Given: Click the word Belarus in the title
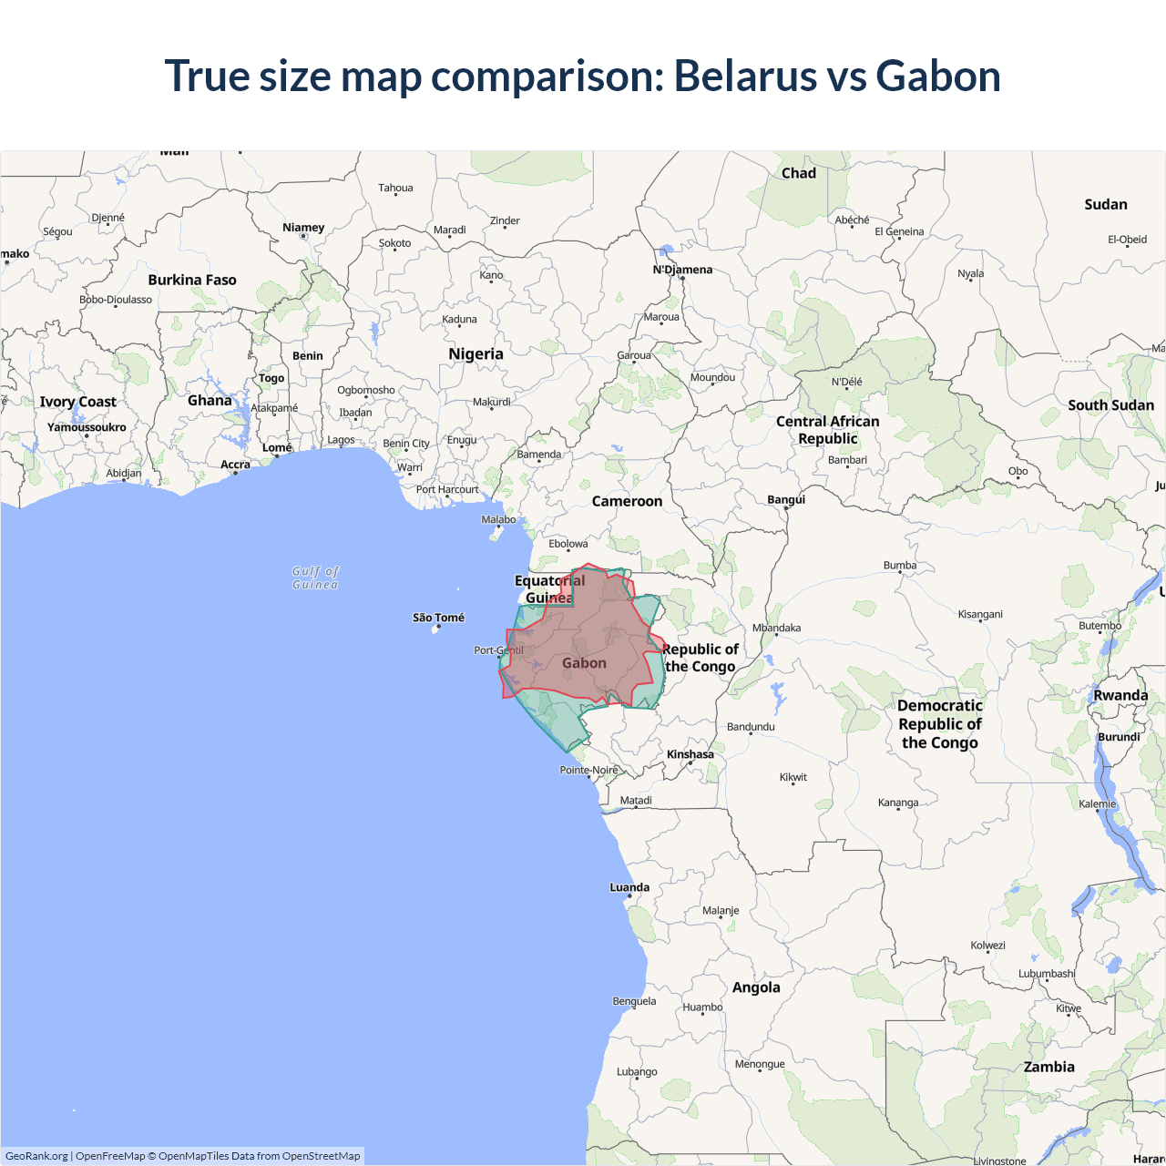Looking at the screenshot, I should pos(744,76).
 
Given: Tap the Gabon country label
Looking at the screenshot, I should pos(584,663).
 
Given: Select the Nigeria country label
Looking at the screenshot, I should pos(476,353).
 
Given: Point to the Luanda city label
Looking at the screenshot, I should pos(629,887).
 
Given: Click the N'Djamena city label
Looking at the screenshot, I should pos(682,270).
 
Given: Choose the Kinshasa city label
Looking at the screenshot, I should pos(690,754).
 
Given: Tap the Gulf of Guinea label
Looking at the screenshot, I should pos(315,578).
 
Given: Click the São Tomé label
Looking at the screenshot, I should pos(438,618).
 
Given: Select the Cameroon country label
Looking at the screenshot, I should pos(627,501).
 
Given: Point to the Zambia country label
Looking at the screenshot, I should pos(1048,1067).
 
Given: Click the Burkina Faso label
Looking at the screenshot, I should pos(192,280).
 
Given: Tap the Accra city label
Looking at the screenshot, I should pos(235,465).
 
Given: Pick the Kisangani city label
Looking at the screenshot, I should pos(980,614).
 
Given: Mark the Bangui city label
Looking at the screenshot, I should pos(786,499).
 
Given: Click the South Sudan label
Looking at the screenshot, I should pos(1110,404).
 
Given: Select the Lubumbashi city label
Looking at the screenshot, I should pos(1047,974).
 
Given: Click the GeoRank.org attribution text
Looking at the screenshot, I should pos(36,1156).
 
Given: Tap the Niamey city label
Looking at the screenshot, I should pos(303,228).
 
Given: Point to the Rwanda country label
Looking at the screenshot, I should pos(1120,695).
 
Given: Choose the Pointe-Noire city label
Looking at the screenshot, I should pos(588,770).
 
